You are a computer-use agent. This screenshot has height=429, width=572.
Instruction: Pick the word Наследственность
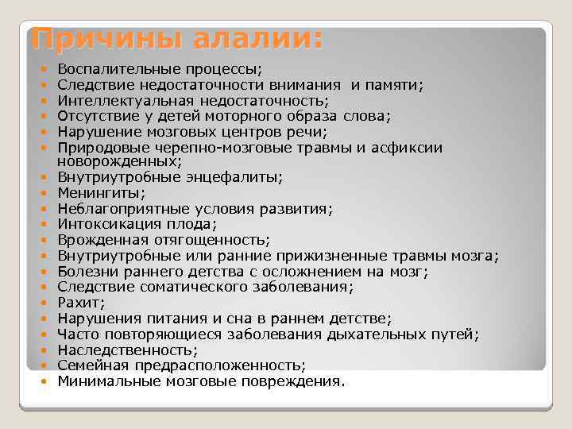[127, 350]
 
